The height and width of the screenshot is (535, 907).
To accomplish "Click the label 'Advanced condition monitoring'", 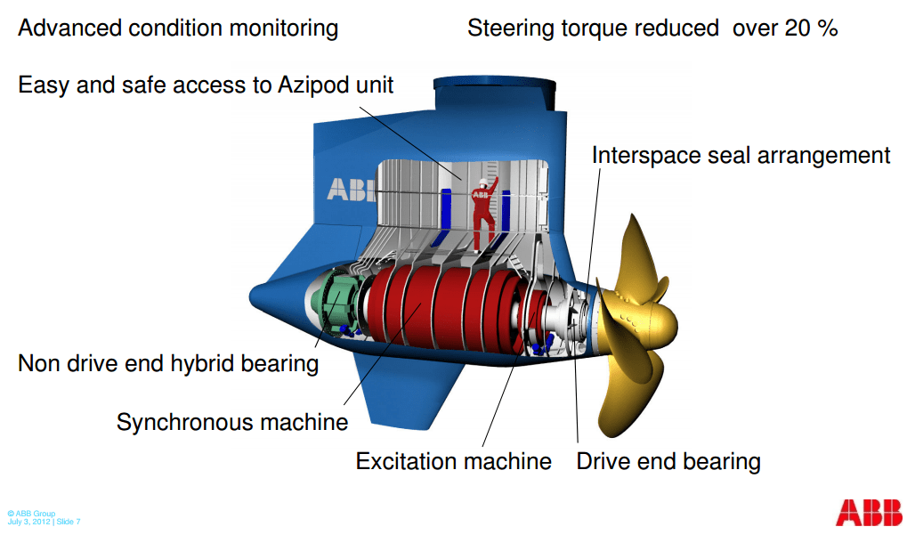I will pos(178,28).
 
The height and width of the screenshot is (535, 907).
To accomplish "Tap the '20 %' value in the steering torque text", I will pos(810,28).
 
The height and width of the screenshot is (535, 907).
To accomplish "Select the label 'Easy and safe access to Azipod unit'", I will pos(206,85).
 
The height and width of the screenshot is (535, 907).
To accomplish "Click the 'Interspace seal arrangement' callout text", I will pos(741,156).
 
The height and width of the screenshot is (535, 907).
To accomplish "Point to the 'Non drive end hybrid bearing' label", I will pos(168,363).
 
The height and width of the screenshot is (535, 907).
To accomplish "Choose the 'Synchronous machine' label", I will pos(231,421).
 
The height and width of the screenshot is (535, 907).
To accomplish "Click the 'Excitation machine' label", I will pos(453,461).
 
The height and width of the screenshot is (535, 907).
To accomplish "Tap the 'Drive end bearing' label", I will pos(668,461).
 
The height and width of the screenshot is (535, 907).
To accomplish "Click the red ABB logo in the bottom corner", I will pos(867,511).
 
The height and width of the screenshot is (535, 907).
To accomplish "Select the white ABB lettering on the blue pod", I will pos(352,190).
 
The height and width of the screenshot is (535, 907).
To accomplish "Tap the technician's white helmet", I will pos(480,185).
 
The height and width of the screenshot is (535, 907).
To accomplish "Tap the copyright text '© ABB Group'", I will pos(31,514).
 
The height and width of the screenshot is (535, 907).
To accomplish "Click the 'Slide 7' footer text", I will pos(68,522).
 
